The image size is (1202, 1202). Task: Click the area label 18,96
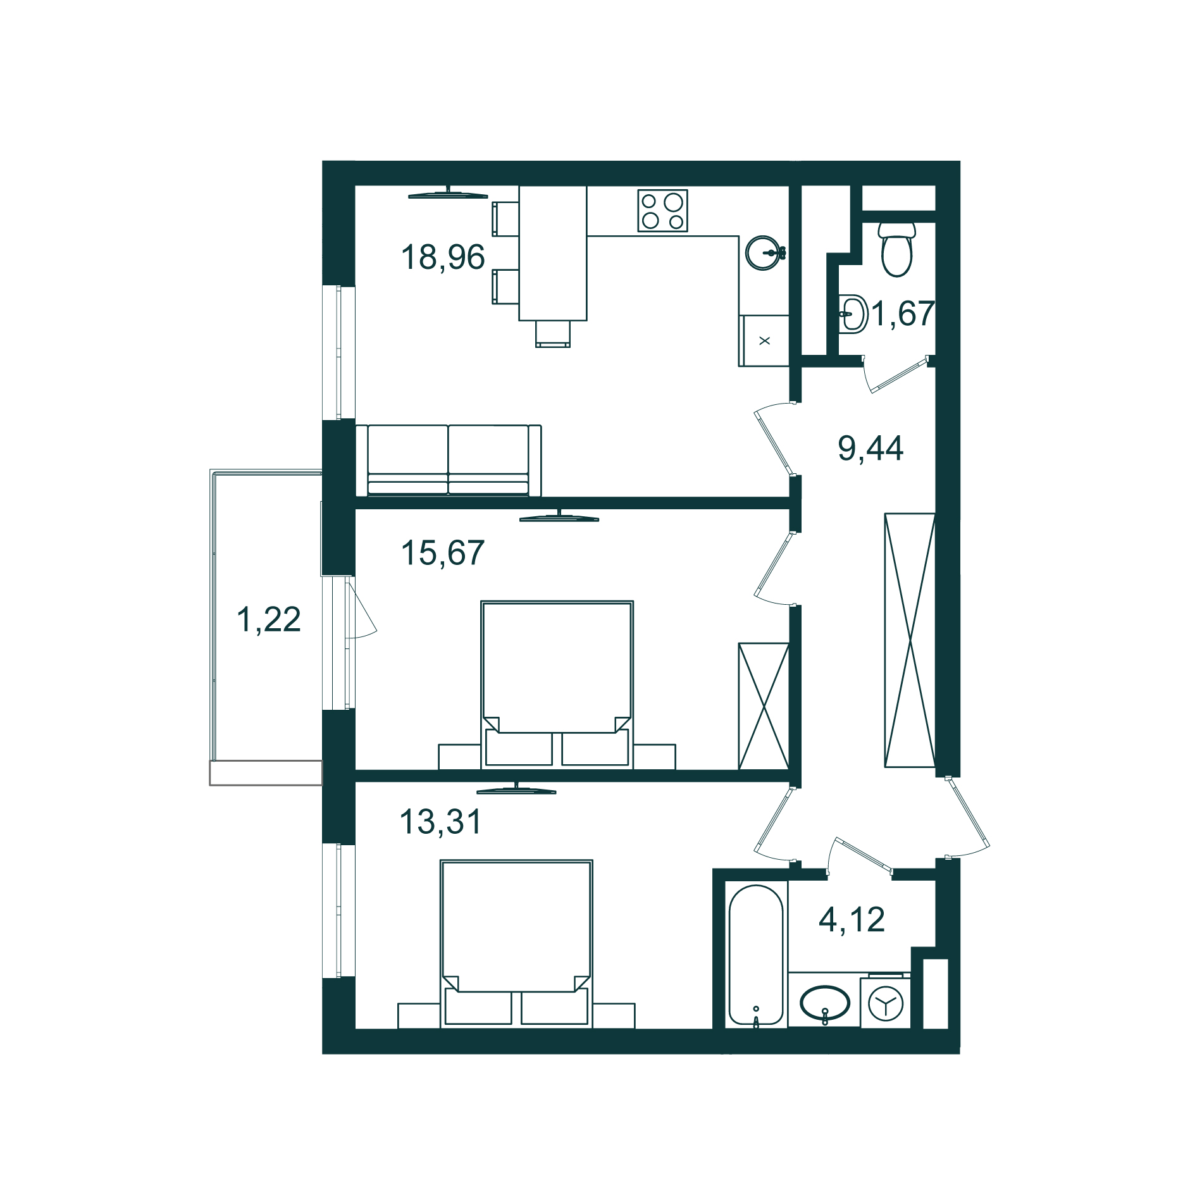point(443,257)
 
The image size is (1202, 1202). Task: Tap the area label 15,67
point(443,552)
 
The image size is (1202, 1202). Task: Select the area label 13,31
point(441,822)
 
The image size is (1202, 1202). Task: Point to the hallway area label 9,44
point(871,448)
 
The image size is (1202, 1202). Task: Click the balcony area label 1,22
point(268,619)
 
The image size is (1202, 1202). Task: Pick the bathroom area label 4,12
point(852,919)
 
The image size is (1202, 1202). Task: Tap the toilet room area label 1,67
point(903,313)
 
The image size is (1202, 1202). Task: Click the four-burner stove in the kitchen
point(662,211)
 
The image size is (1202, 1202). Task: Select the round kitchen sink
point(764,253)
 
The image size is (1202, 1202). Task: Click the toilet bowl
point(897,249)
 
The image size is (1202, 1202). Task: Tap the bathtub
point(755,955)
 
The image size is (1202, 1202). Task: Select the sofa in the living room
point(449,461)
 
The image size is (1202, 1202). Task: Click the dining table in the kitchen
point(553,253)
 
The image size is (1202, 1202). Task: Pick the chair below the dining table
point(553,334)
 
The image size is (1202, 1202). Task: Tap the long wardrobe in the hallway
point(910,640)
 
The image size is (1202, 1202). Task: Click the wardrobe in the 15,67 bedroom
point(764,706)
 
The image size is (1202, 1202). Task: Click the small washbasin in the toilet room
point(853,314)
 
